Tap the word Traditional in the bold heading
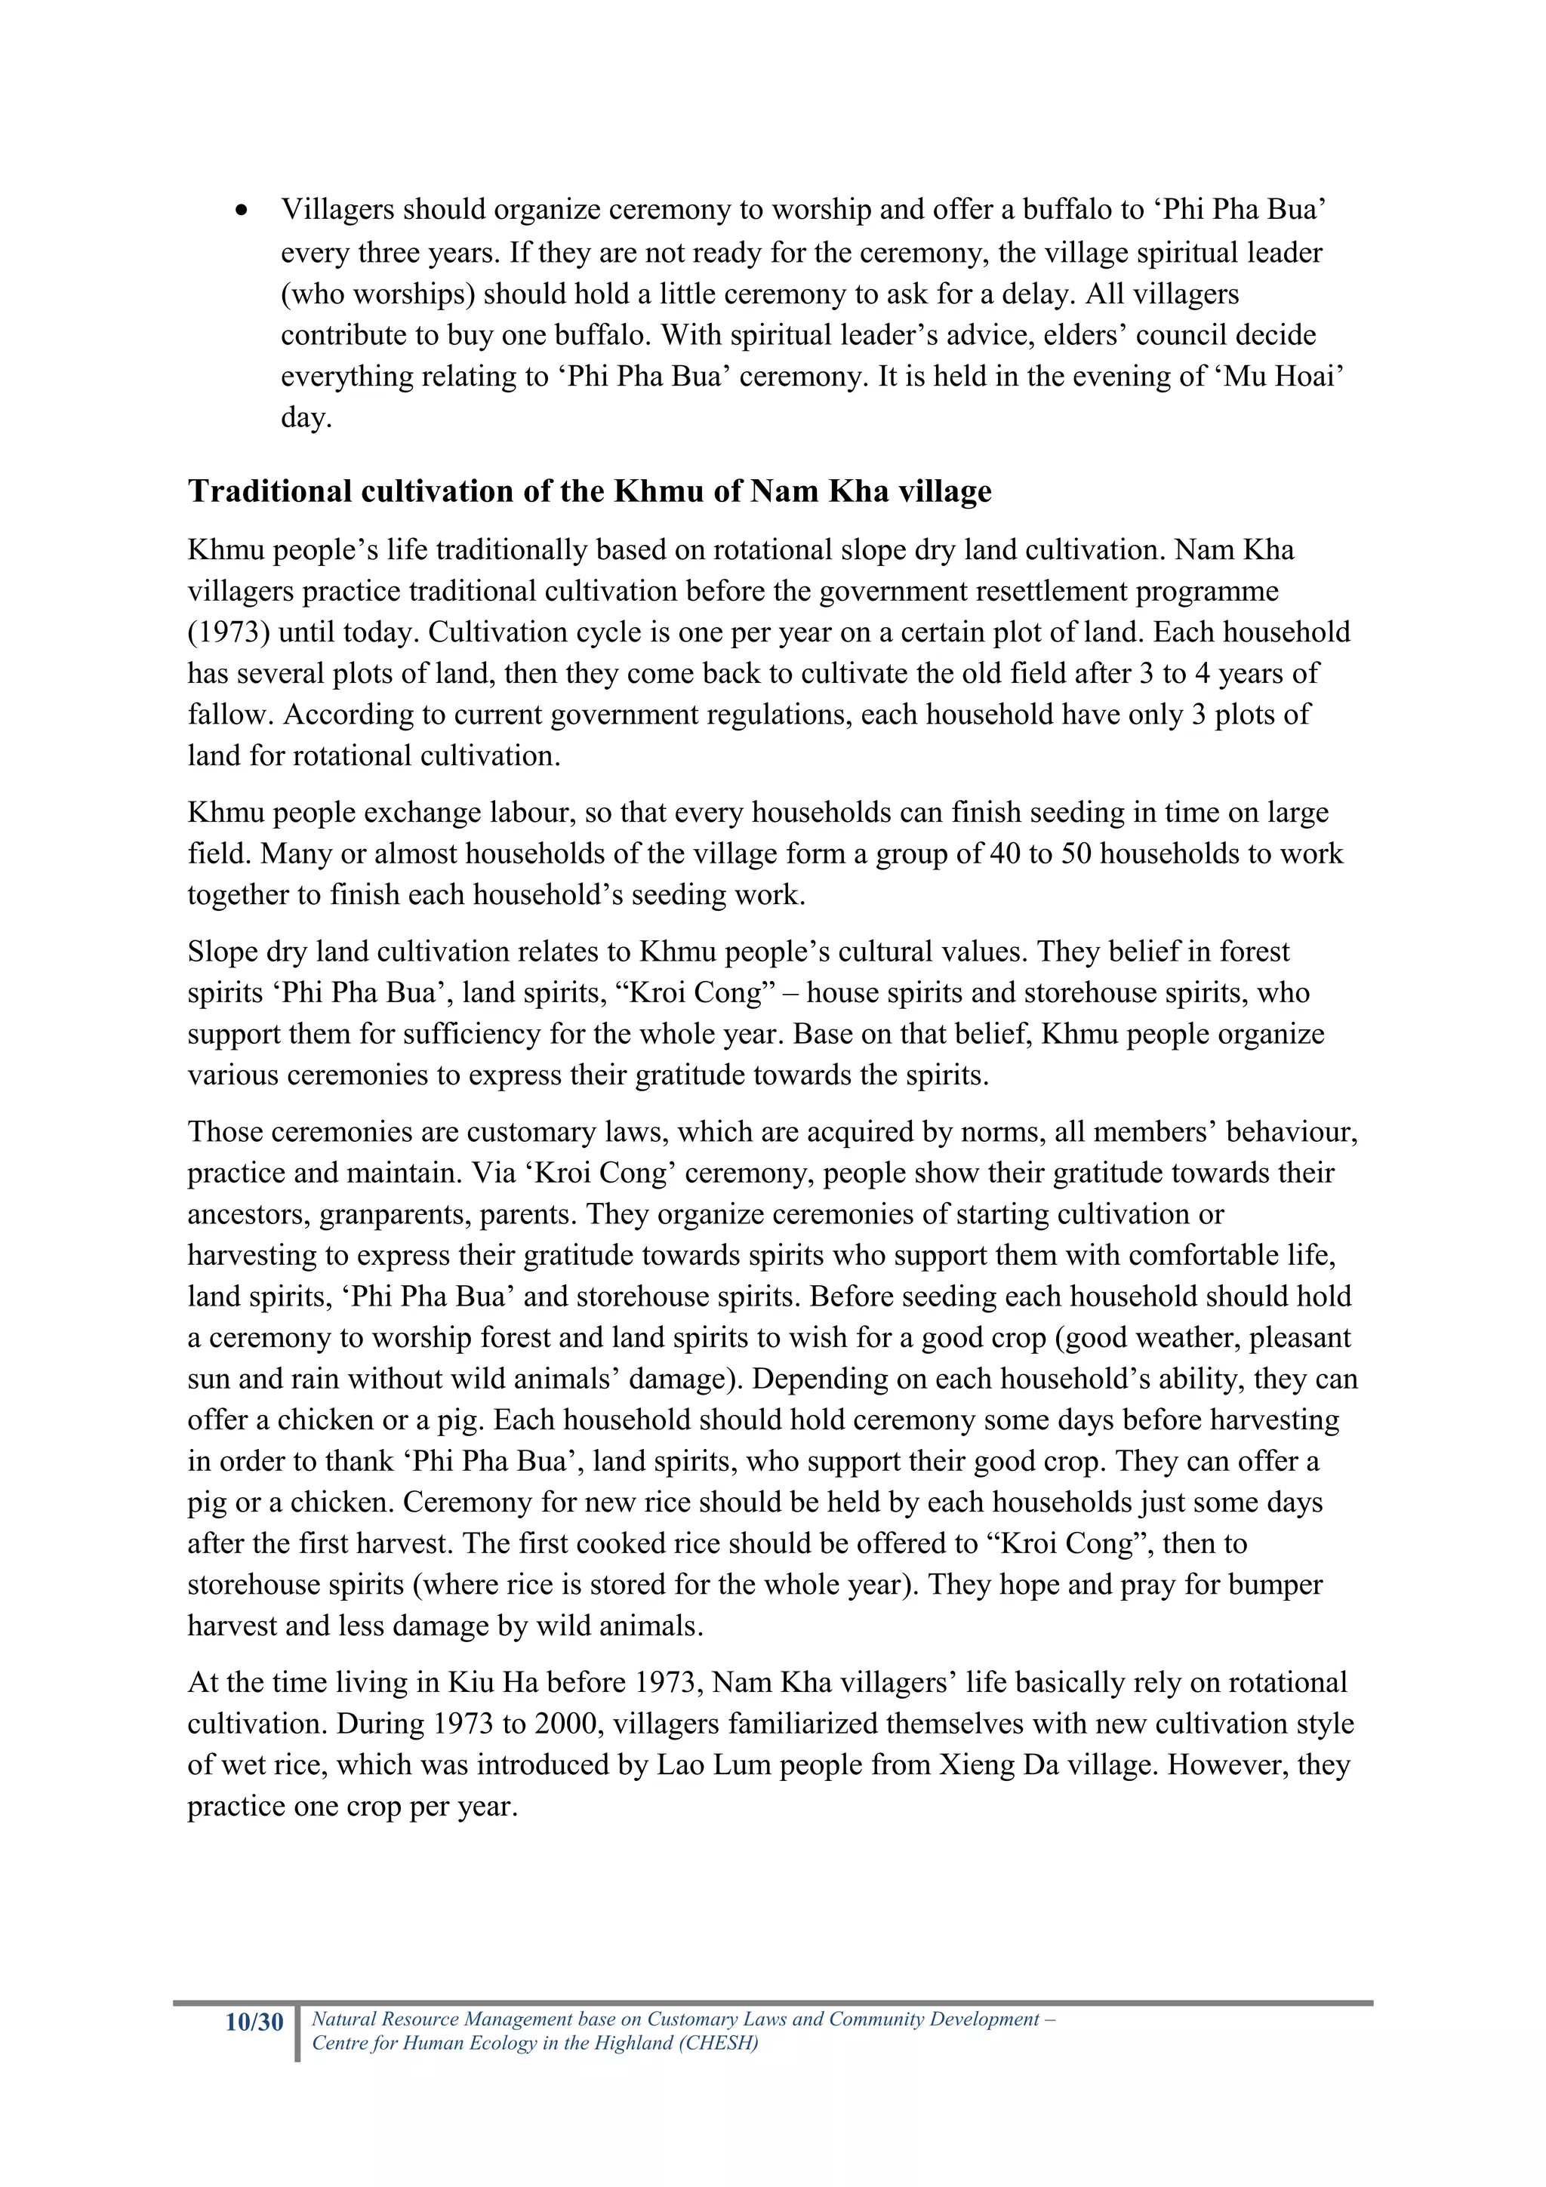269,491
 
